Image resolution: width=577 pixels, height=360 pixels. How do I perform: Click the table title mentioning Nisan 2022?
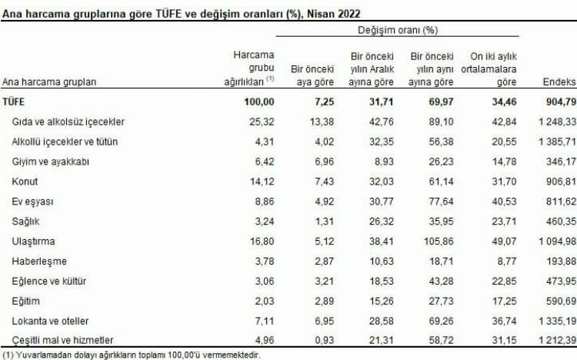(x=178, y=12)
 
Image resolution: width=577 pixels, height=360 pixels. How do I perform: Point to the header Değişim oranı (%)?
(x=397, y=31)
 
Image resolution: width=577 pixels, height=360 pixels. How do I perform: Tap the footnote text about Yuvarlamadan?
(x=132, y=355)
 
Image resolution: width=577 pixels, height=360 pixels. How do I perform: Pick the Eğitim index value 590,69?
(x=556, y=299)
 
